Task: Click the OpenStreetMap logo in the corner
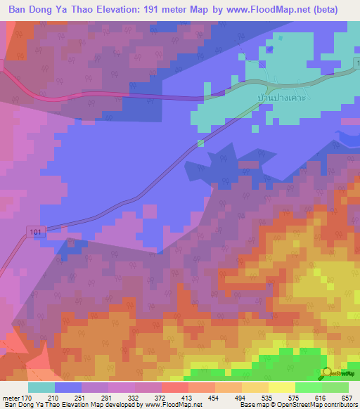340,373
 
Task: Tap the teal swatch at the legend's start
41,387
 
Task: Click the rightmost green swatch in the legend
335,387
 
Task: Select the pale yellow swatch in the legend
282,387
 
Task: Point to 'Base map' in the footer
253,405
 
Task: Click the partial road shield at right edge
356,64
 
